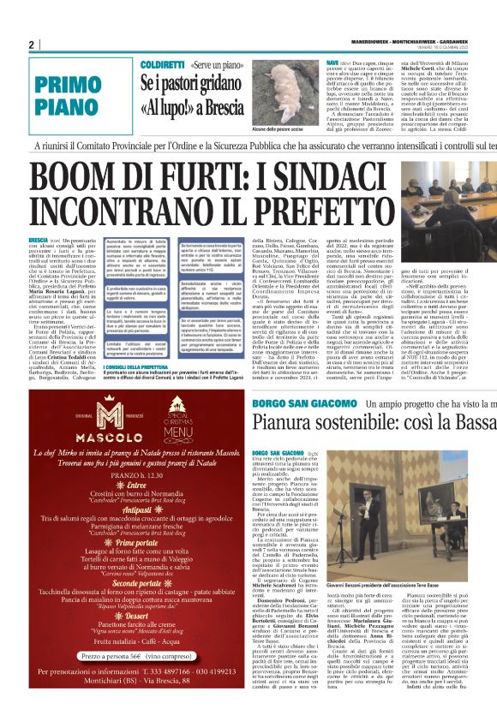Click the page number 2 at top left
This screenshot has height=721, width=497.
(31, 45)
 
